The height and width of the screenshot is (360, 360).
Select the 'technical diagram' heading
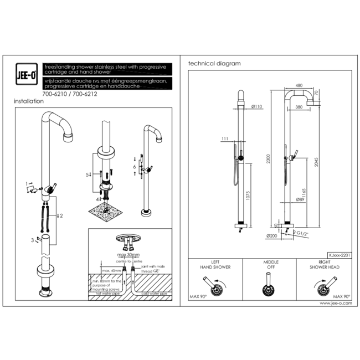tap(214, 64)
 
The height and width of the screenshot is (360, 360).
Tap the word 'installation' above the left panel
tap(28, 101)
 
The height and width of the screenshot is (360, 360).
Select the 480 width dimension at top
tap(299, 85)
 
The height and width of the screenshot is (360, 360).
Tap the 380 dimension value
tap(299, 107)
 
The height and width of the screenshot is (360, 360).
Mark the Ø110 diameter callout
tap(256, 106)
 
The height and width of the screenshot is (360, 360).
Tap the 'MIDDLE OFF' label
tap(270, 264)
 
